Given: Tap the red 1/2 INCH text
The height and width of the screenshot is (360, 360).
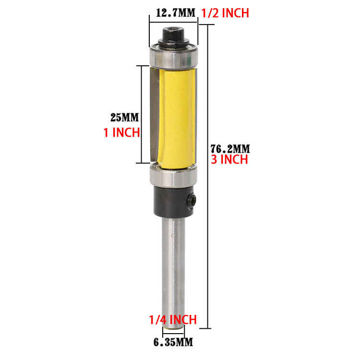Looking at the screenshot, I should pyautogui.click(x=225, y=13).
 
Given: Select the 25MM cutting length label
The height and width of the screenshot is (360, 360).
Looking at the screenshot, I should pyautogui.click(x=124, y=117).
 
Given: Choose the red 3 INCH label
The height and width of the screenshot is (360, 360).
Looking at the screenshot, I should pyautogui.click(x=229, y=160).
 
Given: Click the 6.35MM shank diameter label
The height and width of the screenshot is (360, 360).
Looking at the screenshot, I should pyautogui.click(x=173, y=342).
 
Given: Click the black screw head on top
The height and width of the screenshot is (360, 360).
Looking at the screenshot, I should pyautogui.click(x=173, y=35).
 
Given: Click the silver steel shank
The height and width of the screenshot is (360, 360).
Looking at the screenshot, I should pyautogui.click(x=173, y=269).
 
